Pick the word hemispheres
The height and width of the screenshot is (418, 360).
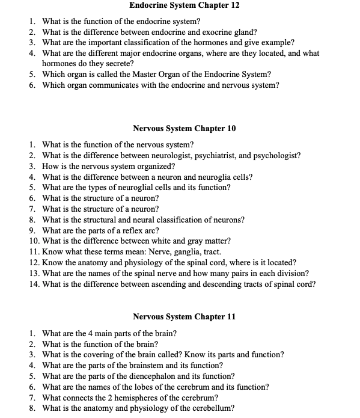click(137, 398)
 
